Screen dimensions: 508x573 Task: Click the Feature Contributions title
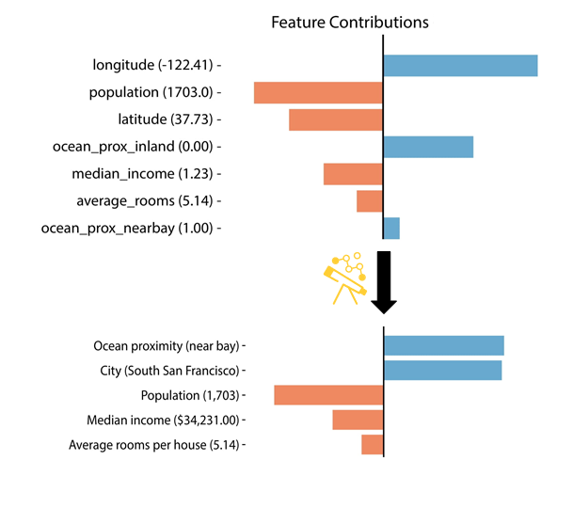point(349,22)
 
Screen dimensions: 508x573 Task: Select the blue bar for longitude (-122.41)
point(460,66)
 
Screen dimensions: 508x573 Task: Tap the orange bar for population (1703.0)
point(318,93)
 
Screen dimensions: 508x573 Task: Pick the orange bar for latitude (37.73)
point(335,119)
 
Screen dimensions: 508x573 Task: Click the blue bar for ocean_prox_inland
point(428,147)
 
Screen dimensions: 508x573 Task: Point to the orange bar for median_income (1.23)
point(353,174)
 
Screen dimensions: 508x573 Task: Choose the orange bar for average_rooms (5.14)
point(369,201)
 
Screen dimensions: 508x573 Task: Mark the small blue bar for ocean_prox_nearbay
point(391,228)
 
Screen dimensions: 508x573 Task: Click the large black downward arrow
point(384,281)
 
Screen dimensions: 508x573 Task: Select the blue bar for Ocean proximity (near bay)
point(444,345)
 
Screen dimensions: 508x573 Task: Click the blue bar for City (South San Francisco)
point(442,370)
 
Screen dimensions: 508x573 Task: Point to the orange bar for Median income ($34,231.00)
point(358,420)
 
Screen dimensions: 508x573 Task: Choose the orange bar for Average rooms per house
point(372,445)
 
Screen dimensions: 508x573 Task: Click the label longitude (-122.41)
point(155,66)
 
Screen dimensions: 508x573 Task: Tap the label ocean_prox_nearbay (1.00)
point(130,228)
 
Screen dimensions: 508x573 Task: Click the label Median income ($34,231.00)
point(166,420)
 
